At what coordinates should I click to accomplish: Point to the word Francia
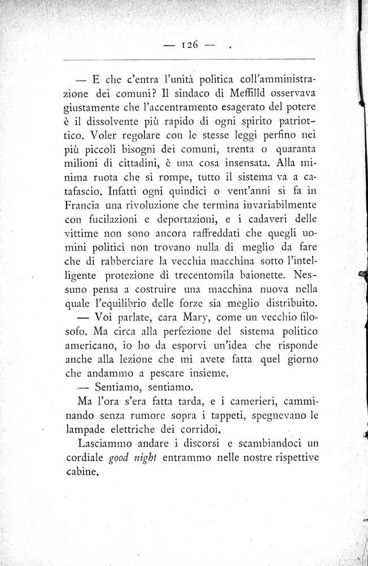pos(82,204)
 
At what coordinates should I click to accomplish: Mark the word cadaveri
pos(273,218)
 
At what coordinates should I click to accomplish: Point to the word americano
pos(91,345)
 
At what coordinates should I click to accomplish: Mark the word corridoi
pos(195,429)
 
